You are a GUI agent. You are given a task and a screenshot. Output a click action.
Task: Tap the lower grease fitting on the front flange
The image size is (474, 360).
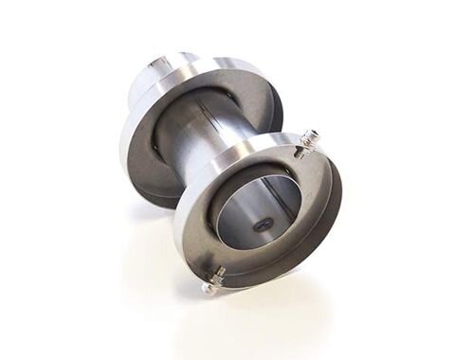click(214, 278)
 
